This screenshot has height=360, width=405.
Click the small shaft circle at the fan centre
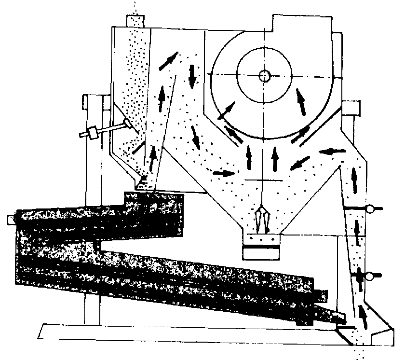(264, 75)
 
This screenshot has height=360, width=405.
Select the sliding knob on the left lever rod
(91, 132)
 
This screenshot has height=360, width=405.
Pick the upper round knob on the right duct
(372, 209)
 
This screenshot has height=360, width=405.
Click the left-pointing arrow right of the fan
(332, 152)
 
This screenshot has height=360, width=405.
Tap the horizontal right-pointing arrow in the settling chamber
(224, 173)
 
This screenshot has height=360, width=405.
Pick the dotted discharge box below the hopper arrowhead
(261, 238)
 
